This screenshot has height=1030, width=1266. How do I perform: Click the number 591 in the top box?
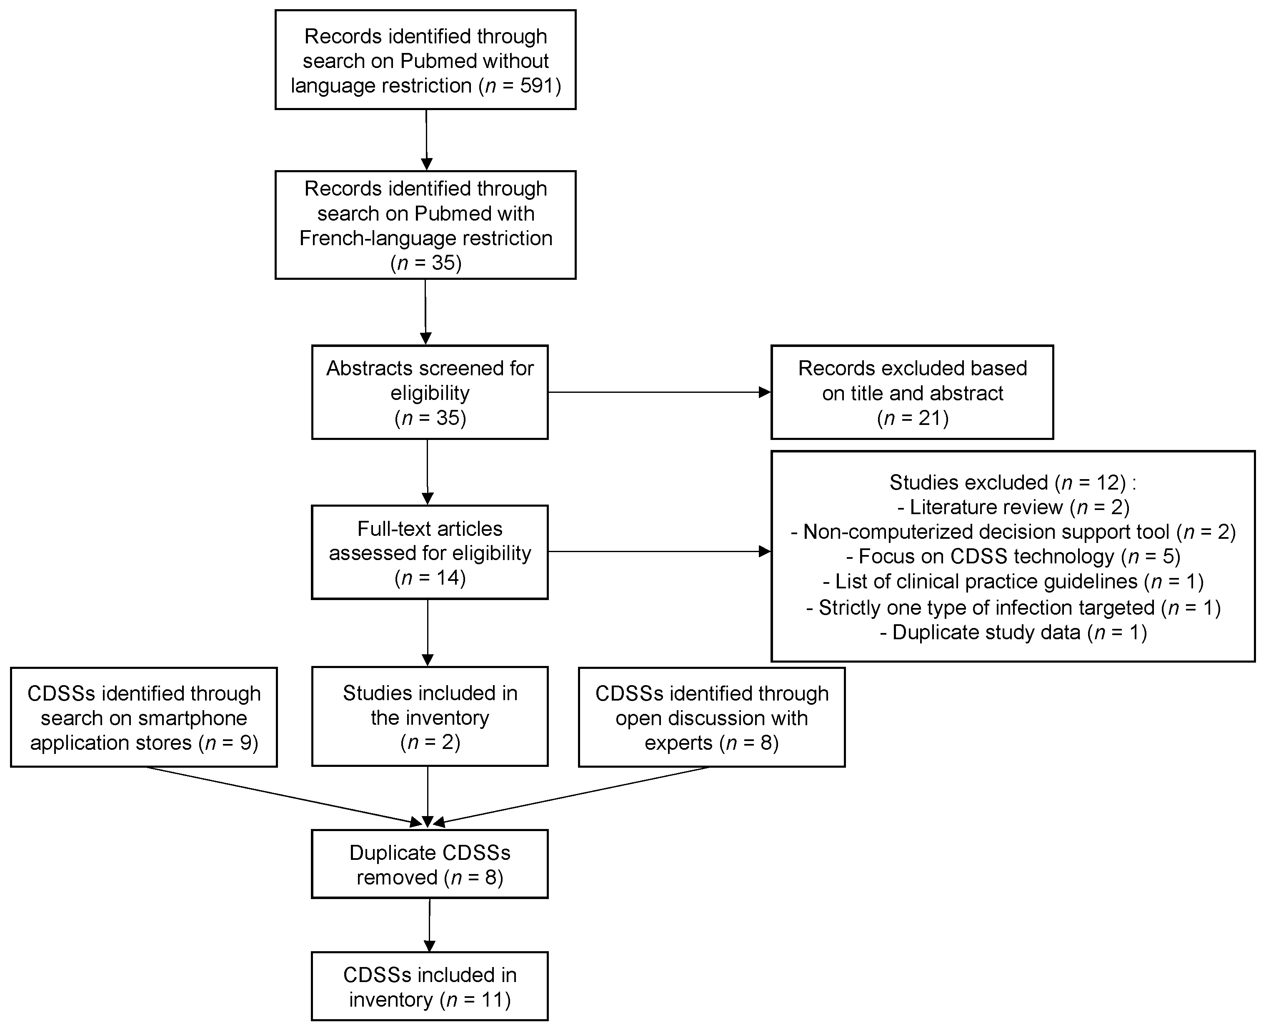537,86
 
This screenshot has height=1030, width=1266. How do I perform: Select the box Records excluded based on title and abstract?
911,392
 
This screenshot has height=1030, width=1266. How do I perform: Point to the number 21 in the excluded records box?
929,418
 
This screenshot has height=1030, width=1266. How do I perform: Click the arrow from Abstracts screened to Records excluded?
658,392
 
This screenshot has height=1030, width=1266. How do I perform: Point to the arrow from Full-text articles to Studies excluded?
658,552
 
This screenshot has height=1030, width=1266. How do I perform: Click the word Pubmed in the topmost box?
439,61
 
